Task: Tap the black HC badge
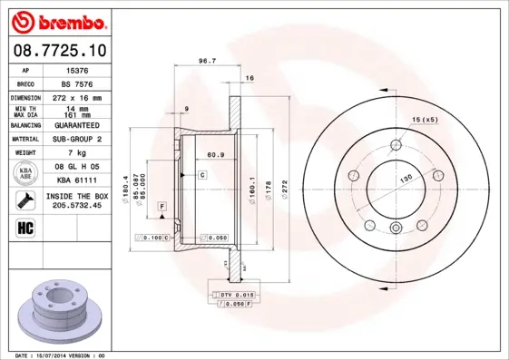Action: click(x=25, y=226)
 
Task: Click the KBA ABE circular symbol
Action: click(x=26, y=173)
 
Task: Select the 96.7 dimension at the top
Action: click(x=206, y=62)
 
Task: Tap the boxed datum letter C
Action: click(x=202, y=172)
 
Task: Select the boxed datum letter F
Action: click(x=161, y=208)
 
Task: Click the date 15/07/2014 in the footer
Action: click(x=57, y=355)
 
